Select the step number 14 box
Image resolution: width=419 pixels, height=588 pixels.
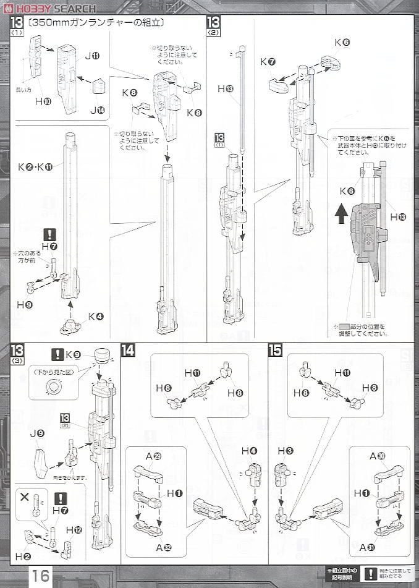pyautogui.click(x=128, y=350)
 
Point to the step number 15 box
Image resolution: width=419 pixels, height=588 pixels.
pyautogui.click(x=276, y=350)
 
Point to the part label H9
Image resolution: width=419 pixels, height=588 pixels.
pyautogui.click(x=25, y=305)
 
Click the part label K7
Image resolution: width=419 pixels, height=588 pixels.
pyautogui.click(x=267, y=62)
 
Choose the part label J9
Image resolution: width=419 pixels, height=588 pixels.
pyautogui.click(x=37, y=434)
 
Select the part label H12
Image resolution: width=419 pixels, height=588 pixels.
pyautogui.click(x=74, y=529)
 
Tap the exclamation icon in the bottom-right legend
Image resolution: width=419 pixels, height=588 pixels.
pyautogui.click(x=369, y=574)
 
